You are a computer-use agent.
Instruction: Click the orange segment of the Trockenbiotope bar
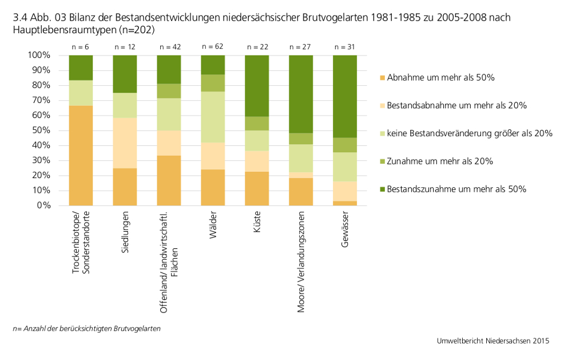[x=81, y=155]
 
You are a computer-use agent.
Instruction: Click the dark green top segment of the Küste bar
[x=257, y=86]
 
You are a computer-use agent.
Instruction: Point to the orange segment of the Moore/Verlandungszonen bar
[x=301, y=192]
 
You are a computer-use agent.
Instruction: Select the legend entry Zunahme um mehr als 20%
[x=440, y=161]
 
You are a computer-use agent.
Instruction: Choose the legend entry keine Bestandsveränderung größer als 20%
[x=469, y=133]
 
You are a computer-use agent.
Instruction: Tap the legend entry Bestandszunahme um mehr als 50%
[x=456, y=189]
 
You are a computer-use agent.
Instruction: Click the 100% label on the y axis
[x=38, y=56]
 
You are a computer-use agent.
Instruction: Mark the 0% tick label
[x=43, y=205]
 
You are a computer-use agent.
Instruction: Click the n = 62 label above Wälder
[x=213, y=46]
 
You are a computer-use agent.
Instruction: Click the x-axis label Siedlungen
[x=125, y=231]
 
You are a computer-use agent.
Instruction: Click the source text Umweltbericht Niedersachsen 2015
[x=492, y=341]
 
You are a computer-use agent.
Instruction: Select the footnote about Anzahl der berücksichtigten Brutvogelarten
[x=86, y=329]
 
